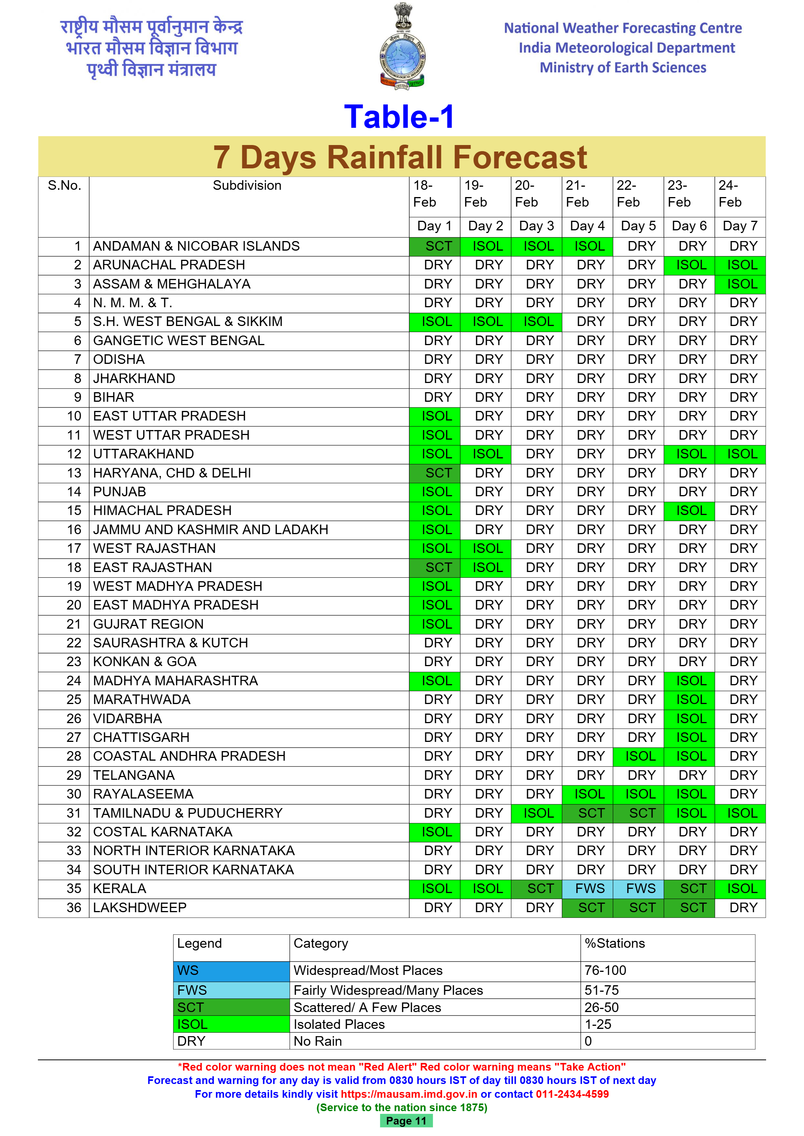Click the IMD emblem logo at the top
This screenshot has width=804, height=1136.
(x=402, y=47)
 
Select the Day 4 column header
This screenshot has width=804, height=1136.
(x=587, y=226)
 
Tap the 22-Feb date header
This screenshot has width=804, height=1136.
(x=628, y=194)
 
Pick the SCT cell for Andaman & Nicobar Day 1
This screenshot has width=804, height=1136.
(x=435, y=246)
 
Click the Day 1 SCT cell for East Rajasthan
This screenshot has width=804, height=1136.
(x=435, y=567)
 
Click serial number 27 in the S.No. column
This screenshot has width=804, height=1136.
(x=74, y=737)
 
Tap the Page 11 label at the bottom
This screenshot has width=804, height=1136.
(x=406, y=1121)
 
